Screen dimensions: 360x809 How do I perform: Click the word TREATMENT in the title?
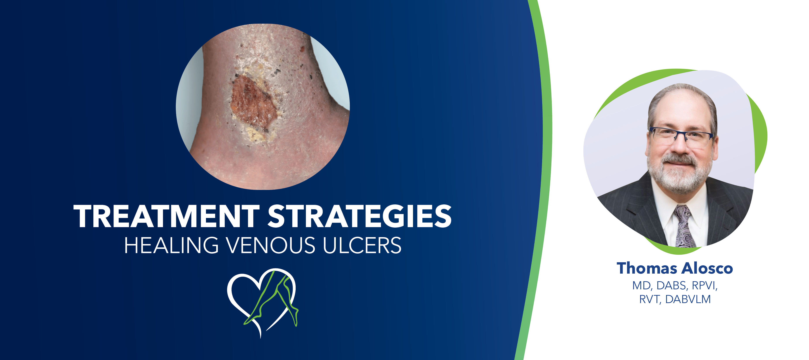[166, 216]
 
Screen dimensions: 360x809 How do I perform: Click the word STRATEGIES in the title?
[359, 216]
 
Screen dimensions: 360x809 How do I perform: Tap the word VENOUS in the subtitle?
[271, 245]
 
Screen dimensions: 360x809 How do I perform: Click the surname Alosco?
[708, 268]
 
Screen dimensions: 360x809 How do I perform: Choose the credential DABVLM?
[687, 299]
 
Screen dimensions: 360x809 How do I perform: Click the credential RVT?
[650, 299]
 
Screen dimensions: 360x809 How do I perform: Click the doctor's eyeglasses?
[681, 136]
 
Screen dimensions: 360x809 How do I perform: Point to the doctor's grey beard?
[680, 176]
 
